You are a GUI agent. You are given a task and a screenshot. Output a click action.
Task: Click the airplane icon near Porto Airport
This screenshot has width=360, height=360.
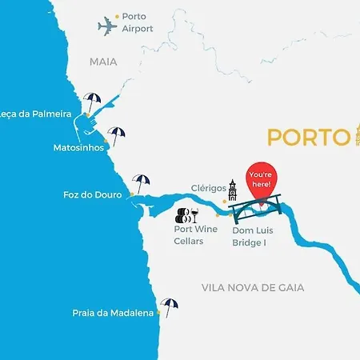[106, 26]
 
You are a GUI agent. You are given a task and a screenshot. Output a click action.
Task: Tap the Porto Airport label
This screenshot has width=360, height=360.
[137, 22]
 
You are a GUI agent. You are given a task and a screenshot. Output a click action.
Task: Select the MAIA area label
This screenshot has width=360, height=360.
[103, 61]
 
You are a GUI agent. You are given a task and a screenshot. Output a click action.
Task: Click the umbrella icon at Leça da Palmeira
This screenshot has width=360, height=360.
[92, 102]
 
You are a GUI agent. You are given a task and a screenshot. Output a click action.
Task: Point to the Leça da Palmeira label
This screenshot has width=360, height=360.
[35, 114]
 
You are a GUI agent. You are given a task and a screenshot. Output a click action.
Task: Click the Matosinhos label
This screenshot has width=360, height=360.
[78, 147]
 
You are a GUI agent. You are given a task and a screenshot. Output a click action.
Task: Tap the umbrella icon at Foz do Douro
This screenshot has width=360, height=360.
[142, 183]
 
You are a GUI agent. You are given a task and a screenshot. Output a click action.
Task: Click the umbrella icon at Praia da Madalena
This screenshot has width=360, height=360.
[169, 306]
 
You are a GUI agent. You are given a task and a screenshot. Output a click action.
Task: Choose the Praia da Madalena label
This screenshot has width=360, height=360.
[113, 313]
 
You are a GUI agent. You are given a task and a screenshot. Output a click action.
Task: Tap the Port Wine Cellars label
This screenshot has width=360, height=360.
[195, 234]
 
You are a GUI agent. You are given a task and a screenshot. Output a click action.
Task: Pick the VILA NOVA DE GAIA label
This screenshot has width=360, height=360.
[264, 287]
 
